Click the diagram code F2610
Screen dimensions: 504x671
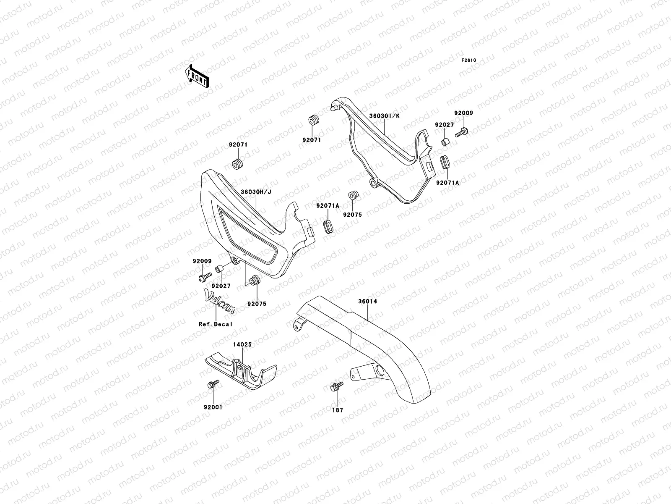[x=469, y=60]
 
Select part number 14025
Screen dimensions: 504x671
[x=242, y=344]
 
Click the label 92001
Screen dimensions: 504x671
[x=214, y=407]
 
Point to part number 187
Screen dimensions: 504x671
[x=338, y=410]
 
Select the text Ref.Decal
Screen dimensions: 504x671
[x=216, y=324]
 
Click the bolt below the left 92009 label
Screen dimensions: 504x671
[x=205, y=278]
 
